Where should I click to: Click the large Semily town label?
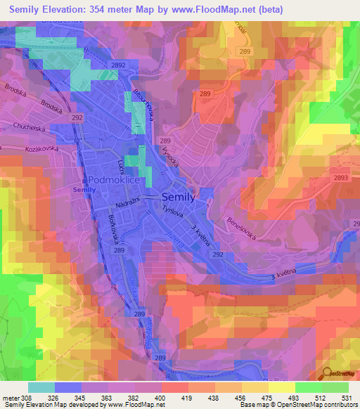coord(183,198)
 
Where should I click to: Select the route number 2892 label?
coord(117,65)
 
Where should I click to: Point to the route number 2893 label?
coord(340,178)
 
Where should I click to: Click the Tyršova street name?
coord(172,211)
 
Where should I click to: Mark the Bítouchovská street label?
coord(143,106)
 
